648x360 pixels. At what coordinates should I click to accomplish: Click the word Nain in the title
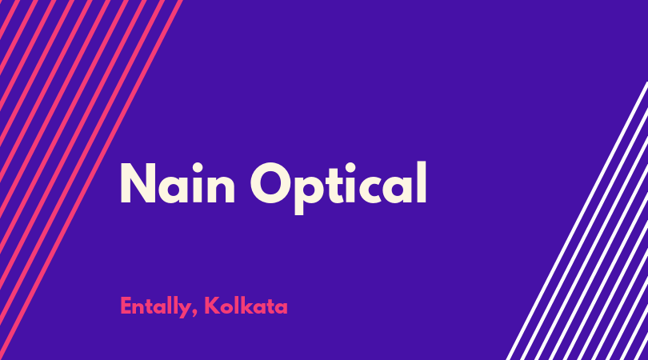click(178, 183)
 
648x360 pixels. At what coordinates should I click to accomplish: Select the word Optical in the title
click(338, 188)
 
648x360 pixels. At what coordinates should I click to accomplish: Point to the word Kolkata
click(246, 306)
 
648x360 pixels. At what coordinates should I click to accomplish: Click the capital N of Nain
click(138, 183)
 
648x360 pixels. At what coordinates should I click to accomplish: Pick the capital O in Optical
click(271, 183)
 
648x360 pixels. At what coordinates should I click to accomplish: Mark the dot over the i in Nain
click(198, 168)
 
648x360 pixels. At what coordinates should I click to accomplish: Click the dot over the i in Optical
click(351, 168)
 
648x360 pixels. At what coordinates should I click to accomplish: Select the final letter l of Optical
click(421, 182)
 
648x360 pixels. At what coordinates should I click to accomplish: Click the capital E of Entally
click(126, 306)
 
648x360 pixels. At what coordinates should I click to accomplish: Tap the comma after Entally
click(194, 314)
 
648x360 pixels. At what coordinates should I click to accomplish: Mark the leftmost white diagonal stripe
click(578, 221)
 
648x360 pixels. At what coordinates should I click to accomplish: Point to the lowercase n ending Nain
click(221, 190)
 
